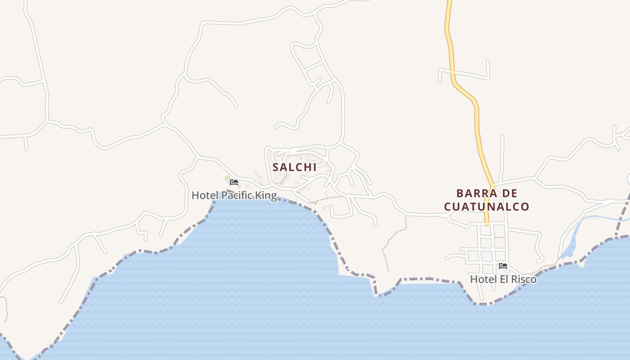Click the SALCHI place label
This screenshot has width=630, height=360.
(x=294, y=167)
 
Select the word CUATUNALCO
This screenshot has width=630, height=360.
(x=486, y=207)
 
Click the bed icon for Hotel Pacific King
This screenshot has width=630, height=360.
(x=234, y=182)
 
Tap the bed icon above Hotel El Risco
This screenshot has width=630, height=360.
(x=503, y=266)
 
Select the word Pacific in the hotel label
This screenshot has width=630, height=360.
(x=236, y=195)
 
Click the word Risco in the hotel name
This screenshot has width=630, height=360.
(x=524, y=279)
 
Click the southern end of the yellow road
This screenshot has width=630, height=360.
(x=487, y=223)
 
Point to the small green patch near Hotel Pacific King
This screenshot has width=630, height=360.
(x=227, y=178)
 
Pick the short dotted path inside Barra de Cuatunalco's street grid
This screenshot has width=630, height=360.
(x=499, y=237)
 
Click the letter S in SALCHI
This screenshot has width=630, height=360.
(x=275, y=167)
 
